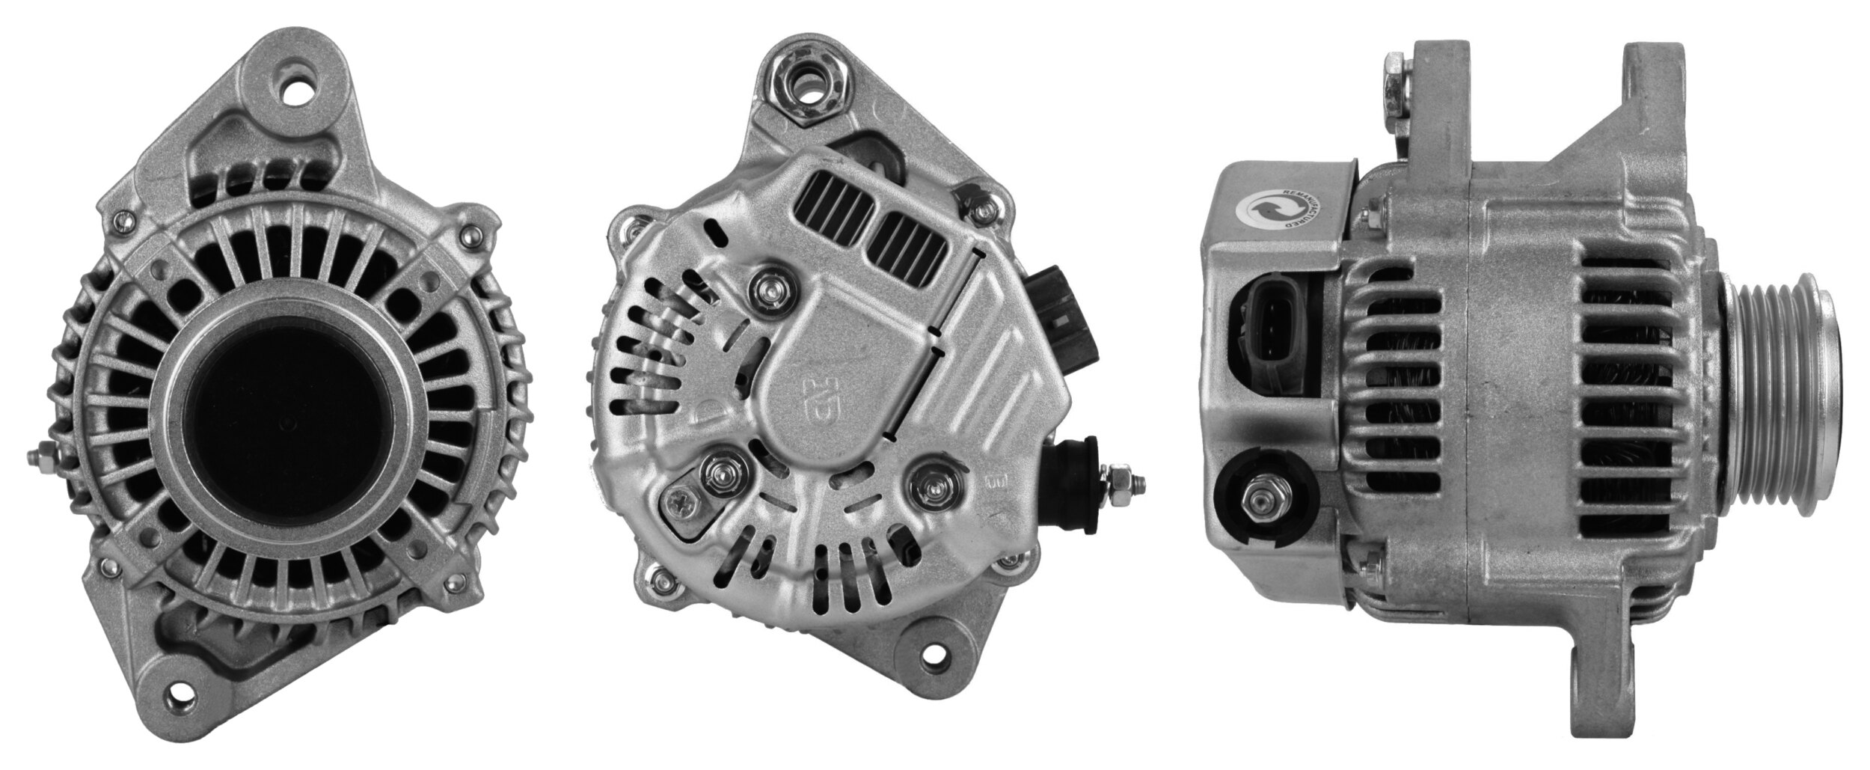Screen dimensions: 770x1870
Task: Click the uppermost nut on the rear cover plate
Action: click(x=767, y=286)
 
